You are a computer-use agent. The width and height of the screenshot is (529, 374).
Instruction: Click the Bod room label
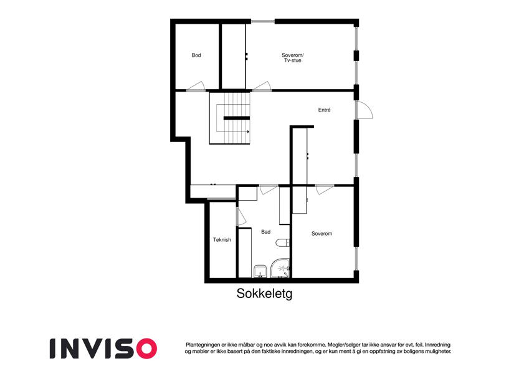[196, 55]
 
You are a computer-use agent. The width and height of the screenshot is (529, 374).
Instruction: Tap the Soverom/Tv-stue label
[292, 58]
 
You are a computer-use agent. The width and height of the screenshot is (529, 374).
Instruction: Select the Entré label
[324, 110]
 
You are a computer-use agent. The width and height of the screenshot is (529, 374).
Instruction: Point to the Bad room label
[265, 232]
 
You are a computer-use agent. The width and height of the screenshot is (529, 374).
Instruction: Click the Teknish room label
[222, 239]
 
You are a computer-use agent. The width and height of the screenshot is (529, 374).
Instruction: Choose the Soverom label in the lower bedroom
[322, 234]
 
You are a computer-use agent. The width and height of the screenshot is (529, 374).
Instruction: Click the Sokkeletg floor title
[264, 294]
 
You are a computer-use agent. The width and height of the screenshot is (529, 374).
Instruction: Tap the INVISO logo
[103, 348]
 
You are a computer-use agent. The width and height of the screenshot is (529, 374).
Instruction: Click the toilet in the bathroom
[283, 242]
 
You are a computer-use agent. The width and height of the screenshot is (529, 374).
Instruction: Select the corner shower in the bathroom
[279, 269]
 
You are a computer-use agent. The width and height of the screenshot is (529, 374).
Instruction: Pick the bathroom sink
[260, 271]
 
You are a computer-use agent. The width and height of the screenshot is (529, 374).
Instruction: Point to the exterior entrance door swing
[365, 110]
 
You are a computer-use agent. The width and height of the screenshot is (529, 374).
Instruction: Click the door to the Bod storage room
[196, 87]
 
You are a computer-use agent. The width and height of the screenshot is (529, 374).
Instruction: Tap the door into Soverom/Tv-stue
[262, 87]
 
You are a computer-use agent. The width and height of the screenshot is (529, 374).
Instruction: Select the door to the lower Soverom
[325, 189]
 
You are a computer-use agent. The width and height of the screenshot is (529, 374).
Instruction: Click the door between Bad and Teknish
[241, 217]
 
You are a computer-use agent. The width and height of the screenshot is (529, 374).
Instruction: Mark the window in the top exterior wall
[263, 22]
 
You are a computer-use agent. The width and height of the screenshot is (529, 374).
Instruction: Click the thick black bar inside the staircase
[237, 118]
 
